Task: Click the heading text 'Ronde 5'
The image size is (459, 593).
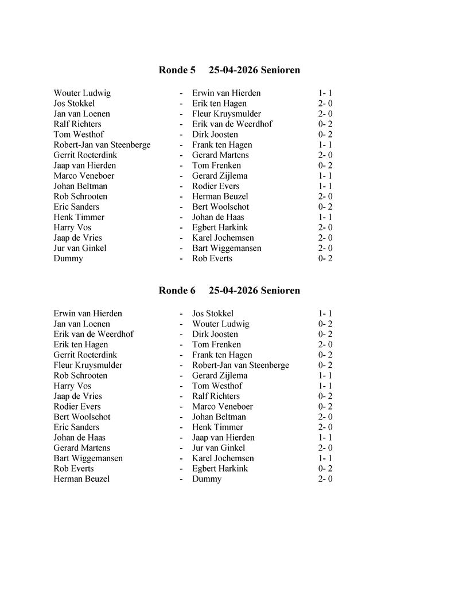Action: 177,70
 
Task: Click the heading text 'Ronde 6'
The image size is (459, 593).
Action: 177,291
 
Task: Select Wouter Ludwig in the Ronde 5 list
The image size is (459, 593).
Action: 82,93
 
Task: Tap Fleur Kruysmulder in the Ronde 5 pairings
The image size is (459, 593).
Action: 227,114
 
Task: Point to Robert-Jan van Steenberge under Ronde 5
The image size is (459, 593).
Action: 102,145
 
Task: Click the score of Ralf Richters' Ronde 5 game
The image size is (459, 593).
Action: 325,124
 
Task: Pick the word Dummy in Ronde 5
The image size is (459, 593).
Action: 68,258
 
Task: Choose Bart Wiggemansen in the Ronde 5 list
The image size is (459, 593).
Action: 227,248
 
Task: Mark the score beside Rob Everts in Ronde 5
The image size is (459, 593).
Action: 325,258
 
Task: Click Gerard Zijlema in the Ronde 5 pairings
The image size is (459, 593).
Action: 220,176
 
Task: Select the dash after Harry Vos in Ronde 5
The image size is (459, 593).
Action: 181,227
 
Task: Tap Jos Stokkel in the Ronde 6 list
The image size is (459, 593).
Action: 213,314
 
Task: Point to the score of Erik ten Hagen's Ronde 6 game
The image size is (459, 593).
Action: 325,345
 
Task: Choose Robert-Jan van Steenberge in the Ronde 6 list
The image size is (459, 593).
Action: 240,366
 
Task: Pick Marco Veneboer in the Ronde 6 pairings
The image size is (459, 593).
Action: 223,407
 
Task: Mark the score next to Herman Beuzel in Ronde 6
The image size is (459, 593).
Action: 325,479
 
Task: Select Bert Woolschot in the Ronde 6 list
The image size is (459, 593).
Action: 82,417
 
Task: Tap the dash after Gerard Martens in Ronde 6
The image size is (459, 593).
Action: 181,448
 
